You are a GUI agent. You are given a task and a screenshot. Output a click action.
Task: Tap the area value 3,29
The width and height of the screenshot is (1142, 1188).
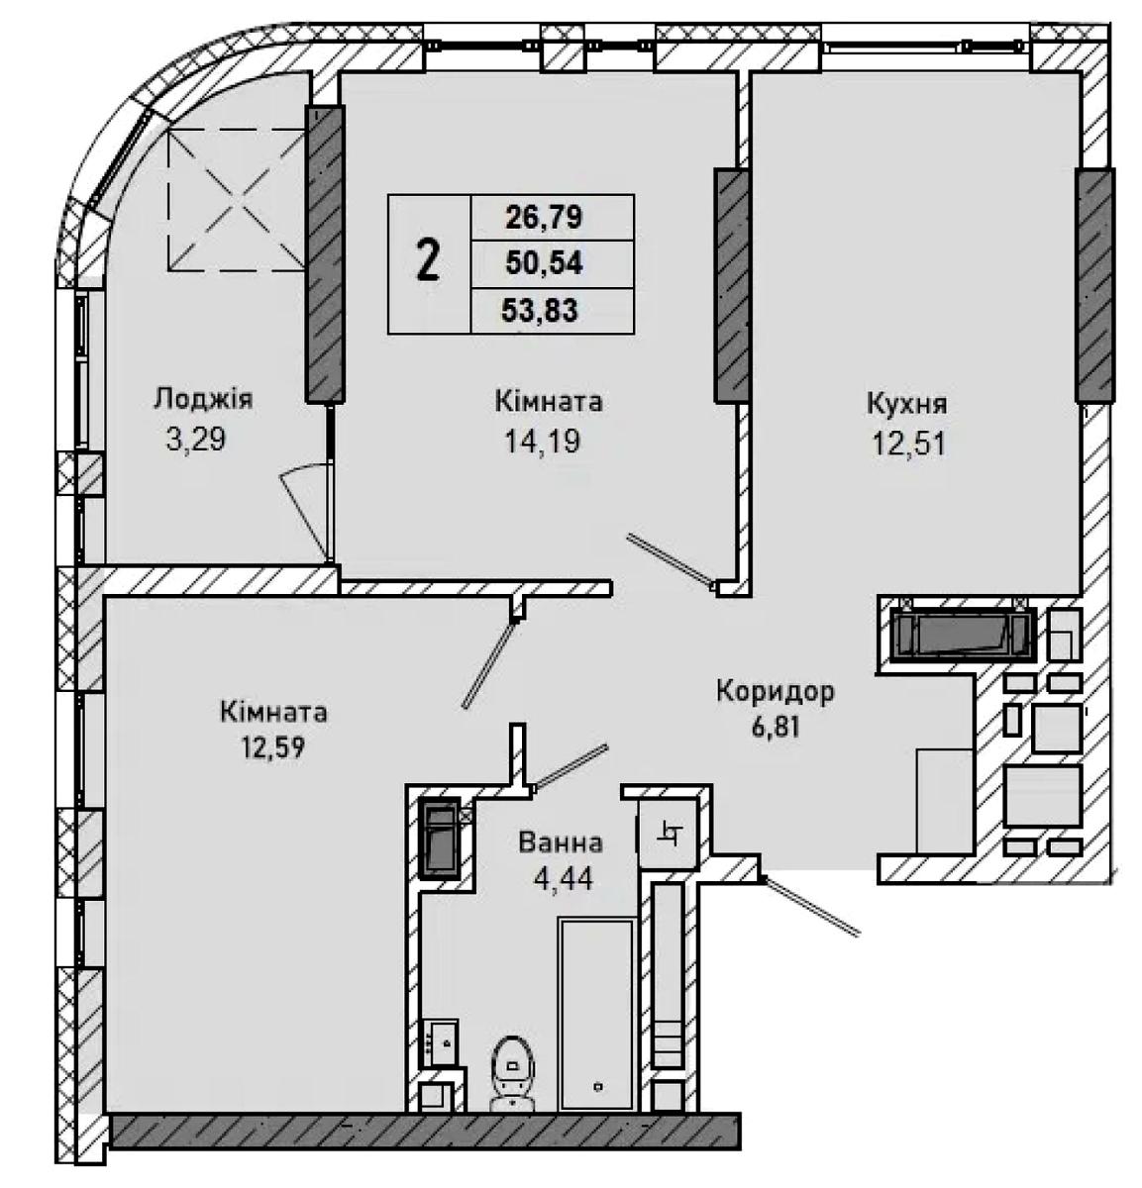pos(196,440)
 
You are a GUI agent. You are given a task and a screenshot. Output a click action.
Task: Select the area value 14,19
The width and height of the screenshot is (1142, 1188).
pos(542,442)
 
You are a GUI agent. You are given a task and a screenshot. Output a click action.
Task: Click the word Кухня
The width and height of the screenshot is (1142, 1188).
pos(907,405)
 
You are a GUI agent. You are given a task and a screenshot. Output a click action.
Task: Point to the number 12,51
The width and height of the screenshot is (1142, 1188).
pos(908,444)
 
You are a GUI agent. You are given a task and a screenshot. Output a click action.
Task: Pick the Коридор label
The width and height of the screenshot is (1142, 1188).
pos(775,692)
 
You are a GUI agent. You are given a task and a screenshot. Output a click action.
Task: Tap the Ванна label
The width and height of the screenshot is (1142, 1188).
pos(561,843)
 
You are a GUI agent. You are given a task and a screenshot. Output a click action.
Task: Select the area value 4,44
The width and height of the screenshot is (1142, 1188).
pos(563,880)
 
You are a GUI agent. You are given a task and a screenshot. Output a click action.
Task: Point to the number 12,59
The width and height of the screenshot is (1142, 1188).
pos(273,747)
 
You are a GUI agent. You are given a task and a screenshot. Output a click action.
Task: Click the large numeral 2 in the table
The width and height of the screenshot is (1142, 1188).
pos(428,260)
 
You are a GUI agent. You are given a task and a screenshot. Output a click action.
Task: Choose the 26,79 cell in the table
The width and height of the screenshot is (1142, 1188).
pos(544,218)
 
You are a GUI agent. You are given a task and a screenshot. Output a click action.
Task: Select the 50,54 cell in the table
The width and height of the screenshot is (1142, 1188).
pos(544,263)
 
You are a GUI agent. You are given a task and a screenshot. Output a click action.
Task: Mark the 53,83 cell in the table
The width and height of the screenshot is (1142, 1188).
pos(540,310)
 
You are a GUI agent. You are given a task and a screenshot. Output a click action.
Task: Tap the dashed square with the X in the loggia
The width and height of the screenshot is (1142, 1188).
pos(237,199)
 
